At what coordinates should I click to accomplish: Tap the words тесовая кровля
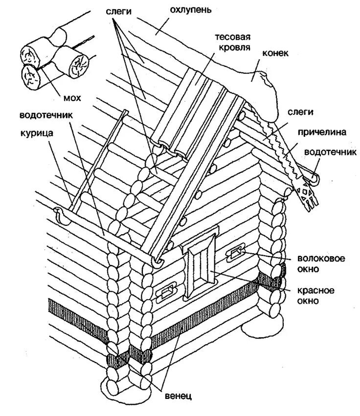click(232, 43)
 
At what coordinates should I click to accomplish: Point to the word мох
click(71, 98)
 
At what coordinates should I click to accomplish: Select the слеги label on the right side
click(300, 112)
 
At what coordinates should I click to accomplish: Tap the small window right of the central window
click(235, 252)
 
